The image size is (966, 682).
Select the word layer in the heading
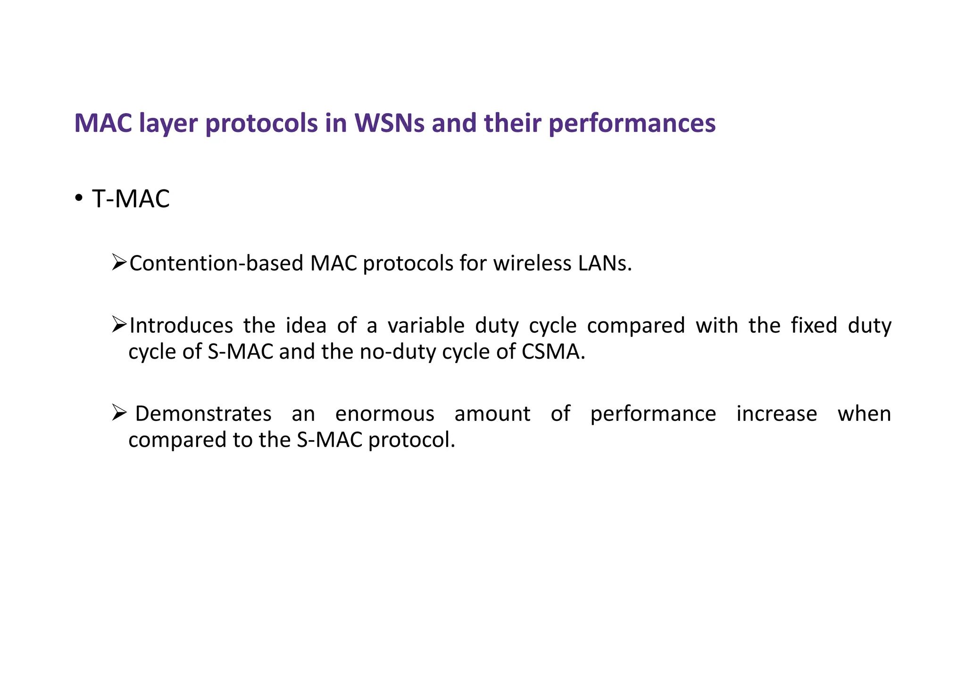167,124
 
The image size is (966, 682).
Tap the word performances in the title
632,124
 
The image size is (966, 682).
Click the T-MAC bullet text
131,198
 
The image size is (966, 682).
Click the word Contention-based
216,263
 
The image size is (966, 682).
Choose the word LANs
604,263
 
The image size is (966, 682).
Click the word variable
426,326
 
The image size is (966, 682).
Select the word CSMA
553,352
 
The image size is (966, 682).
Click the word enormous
384,414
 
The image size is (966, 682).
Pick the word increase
776,414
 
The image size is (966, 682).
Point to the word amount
492,414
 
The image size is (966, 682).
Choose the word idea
306,326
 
